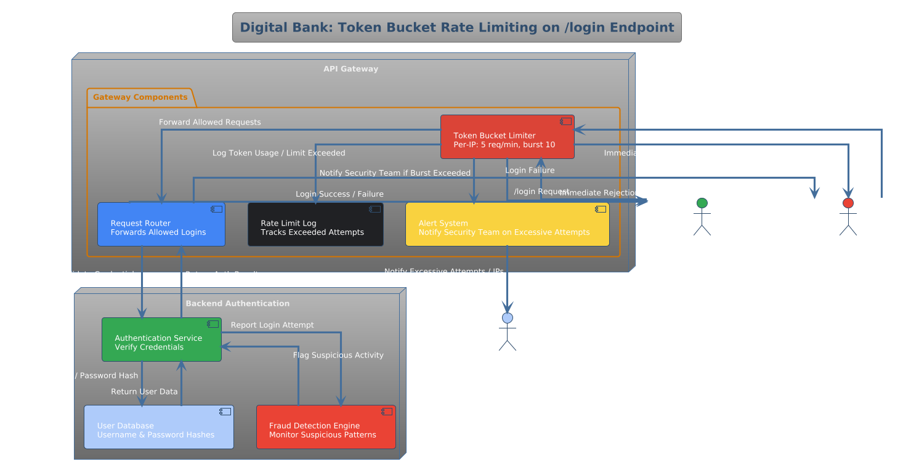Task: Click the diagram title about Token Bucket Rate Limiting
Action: coord(456,28)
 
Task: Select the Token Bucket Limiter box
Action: coord(507,137)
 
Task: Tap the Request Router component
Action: coord(161,224)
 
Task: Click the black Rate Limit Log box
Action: coord(315,224)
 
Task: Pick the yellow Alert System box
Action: coord(507,224)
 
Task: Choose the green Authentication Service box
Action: coord(161,340)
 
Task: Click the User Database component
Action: coord(158,427)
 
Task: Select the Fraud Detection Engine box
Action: coord(326,427)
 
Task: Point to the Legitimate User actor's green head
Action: coord(702,203)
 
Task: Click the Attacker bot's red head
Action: coord(848,203)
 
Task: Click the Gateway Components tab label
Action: coord(140,97)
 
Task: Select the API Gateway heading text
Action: coord(350,69)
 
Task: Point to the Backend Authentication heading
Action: coord(237,303)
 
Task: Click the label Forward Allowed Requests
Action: coord(209,122)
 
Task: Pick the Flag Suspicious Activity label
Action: coord(338,355)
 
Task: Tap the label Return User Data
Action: coord(144,391)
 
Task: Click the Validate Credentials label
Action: coord(99,274)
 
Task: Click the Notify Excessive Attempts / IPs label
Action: coord(444,271)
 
